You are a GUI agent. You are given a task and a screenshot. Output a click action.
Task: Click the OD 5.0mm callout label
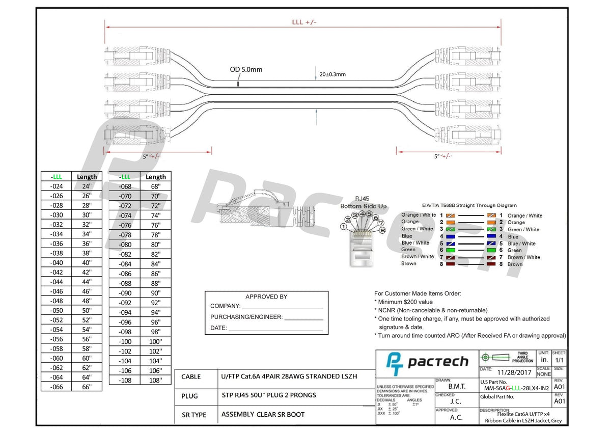[246, 69]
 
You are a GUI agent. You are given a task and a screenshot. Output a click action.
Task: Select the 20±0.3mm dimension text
[332, 74]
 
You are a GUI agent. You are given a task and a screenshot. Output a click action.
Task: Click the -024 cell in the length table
[56, 186]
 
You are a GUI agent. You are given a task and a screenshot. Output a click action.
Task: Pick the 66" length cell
[87, 387]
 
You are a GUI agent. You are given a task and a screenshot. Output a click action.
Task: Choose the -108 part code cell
[125, 380]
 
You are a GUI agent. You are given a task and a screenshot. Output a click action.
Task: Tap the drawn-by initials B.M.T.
[456, 387]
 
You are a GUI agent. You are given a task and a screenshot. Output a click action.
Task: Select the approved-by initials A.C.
[456, 417]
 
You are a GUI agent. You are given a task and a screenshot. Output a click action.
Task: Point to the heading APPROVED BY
[266, 296]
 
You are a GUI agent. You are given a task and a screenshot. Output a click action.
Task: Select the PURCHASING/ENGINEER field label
[246, 317]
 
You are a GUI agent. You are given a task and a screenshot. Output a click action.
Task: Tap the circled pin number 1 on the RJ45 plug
[344, 226]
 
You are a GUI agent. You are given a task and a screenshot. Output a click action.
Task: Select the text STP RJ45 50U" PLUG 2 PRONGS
[269, 395]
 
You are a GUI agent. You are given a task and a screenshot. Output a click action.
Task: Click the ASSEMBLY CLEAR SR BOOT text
[263, 414]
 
